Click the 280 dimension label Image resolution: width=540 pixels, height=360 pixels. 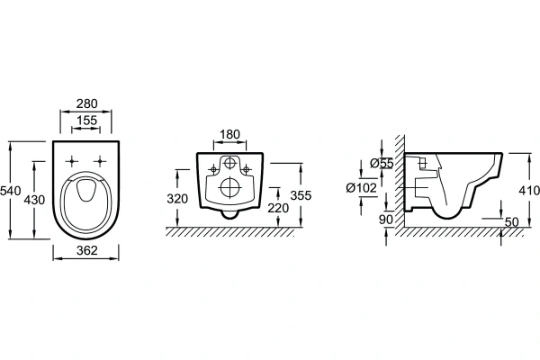click(86, 103)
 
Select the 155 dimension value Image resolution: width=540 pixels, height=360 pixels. click(86, 121)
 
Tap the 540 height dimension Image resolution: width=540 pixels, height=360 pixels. click(11, 191)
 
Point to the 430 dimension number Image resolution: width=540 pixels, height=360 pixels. click(34, 200)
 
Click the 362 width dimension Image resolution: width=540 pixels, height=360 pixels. click(86, 250)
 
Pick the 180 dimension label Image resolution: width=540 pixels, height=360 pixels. click(229, 134)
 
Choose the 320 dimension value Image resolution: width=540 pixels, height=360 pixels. click(177, 199)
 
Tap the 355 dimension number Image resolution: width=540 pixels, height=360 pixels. click(301, 195)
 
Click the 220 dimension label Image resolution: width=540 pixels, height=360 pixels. click(278, 208)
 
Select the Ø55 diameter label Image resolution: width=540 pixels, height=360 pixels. click(382, 163)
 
